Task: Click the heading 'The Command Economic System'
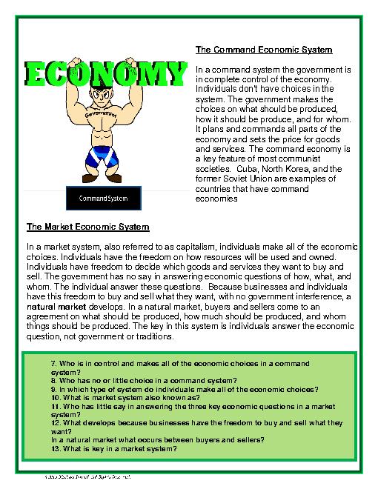tap(263, 50)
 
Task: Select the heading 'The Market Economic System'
tap(88, 226)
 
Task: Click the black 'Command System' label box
tap(103, 199)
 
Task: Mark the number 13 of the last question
tap(56, 449)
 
